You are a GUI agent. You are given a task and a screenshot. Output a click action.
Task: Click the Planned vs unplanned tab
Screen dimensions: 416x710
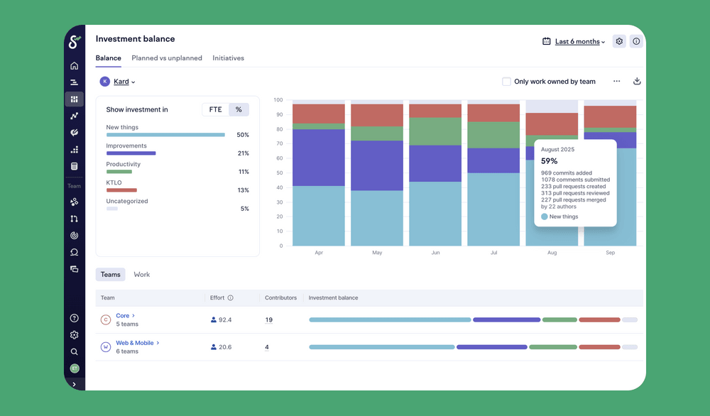(x=167, y=58)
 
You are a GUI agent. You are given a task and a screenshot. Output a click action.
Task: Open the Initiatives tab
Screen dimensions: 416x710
(x=228, y=58)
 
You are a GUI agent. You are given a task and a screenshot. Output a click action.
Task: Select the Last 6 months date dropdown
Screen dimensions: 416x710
(x=579, y=42)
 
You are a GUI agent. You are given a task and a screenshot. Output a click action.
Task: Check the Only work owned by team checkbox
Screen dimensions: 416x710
(x=506, y=82)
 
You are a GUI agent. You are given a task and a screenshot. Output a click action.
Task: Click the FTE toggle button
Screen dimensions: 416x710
(x=215, y=109)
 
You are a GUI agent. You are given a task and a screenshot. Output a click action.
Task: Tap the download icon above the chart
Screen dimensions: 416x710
(x=637, y=82)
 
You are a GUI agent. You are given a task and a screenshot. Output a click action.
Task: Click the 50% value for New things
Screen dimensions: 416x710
(x=243, y=135)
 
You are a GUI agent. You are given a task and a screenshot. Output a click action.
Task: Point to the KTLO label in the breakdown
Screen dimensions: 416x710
(x=114, y=182)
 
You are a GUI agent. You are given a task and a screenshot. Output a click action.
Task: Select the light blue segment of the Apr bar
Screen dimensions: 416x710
(x=319, y=216)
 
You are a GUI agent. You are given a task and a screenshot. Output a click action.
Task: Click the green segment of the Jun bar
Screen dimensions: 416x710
(x=435, y=131)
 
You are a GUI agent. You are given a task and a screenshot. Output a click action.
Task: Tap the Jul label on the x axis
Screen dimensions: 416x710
(x=493, y=253)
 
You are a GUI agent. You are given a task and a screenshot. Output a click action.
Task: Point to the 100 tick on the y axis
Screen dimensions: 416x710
(x=278, y=100)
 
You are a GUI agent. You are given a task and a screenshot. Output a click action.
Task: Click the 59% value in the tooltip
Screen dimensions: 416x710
(x=550, y=161)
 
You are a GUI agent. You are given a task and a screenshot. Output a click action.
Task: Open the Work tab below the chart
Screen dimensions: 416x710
(x=142, y=274)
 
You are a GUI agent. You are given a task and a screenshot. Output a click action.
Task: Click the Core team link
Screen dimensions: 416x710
(x=123, y=316)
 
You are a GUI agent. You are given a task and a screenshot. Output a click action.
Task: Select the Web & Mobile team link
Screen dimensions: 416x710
(x=135, y=343)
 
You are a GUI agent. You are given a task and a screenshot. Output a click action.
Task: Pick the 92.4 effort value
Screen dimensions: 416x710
(x=224, y=320)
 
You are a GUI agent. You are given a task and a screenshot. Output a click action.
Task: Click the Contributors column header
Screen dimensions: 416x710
(x=280, y=297)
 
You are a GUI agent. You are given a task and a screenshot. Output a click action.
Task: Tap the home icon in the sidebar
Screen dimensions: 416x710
(x=75, y=66)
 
